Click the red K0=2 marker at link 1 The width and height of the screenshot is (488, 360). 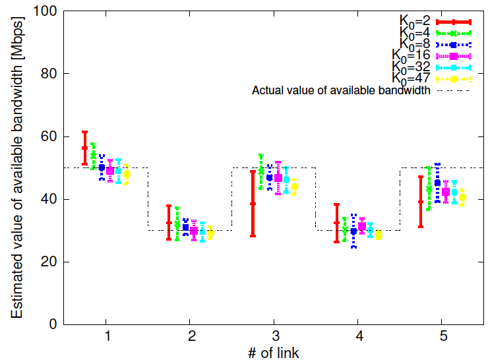[x=84, y=148]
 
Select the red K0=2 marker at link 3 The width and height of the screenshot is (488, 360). [x=253, y=204]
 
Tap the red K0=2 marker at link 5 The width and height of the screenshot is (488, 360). [x=421, y=202]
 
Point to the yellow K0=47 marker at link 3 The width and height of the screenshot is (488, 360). [x=295, y=187]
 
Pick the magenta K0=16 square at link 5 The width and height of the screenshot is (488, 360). [x=446, y=192]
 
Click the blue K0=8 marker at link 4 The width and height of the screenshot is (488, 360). [x=353, y=231]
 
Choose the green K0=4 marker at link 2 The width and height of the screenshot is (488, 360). [x=177, y=224]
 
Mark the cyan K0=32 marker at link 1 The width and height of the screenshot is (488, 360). [x=118, y=171]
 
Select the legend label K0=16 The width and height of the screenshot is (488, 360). [x=411, y=55]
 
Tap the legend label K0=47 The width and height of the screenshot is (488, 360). [x=411, y=78]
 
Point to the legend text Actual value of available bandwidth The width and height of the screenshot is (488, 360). [x=342, y=90]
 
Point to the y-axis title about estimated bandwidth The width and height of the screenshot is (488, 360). [x=16, y=167]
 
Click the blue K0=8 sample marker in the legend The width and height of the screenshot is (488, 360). [x=454, y=44]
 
